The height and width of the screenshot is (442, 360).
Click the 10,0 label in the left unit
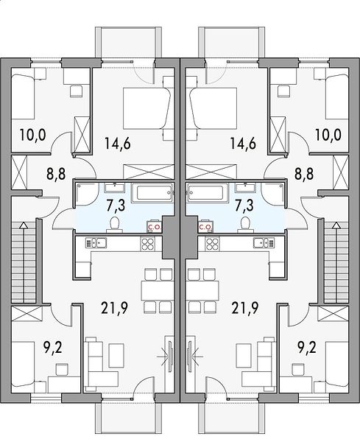tap(32, 135)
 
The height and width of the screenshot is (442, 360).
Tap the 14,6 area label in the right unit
tap(243, 143)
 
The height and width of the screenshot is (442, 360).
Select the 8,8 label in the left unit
tap(56, 174)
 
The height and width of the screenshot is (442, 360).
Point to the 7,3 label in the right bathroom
tap(244, 205)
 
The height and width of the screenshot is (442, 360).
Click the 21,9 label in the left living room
tap(114, 307)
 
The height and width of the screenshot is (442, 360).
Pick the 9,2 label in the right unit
tap(307, 347)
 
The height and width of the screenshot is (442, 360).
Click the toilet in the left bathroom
tap(115, 225)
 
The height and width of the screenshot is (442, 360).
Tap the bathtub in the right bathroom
tap(207, 193)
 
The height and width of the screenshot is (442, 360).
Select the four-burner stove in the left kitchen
tap(148, 243)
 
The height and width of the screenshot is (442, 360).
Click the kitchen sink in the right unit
tap(264, 242)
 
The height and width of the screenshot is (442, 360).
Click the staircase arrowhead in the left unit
tap(24, 225)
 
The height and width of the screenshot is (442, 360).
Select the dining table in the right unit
tap(202, 291)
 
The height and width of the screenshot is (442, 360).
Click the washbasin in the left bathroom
tap(114, 187)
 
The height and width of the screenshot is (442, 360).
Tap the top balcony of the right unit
tap(232, 43)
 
